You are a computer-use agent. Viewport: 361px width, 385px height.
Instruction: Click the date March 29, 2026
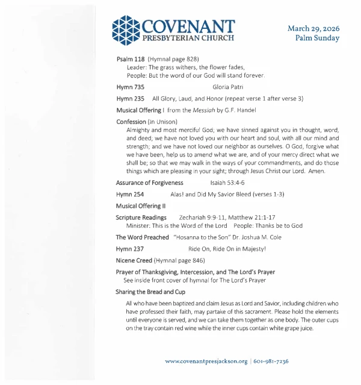pos(313,28)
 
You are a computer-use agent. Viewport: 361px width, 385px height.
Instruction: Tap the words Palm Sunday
pos(317,38)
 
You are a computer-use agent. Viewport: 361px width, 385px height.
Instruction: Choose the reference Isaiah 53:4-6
pos(227,183)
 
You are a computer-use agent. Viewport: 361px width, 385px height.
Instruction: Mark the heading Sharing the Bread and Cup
pos(150,292)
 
